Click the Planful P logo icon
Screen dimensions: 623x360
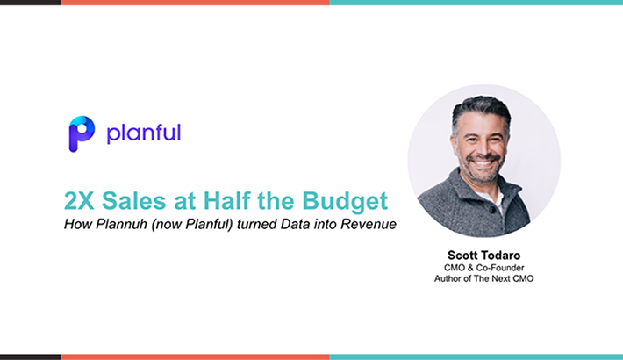click(82, 134)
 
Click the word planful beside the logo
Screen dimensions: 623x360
click(144, 133)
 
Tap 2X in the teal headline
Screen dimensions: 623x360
click(79, 201)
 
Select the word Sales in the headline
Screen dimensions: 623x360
click(133, 201)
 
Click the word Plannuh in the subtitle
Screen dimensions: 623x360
click(121, 225)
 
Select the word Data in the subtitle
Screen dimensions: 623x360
click(295, 225)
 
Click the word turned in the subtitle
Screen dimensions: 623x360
click(257, 225)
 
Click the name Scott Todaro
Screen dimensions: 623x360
click(484, 256)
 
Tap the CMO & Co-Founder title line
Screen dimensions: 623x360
click(484, 268)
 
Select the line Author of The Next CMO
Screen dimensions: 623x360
click(484, 278)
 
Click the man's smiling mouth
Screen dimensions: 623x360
click(483, 162)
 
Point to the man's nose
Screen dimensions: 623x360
click(482, 148)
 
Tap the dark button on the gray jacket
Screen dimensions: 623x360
click(492, 210)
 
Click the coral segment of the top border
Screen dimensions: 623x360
click(195, 3)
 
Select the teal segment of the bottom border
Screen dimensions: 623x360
click(476, 357)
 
